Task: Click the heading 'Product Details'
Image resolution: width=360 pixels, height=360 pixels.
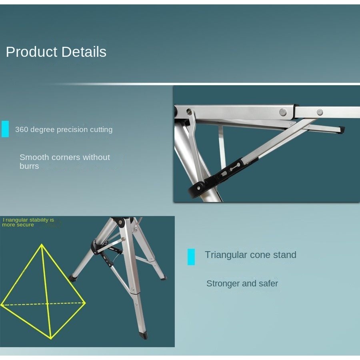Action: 56,52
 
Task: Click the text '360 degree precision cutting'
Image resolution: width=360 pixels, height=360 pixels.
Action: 64,130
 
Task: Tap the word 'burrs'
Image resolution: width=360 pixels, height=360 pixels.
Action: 29,166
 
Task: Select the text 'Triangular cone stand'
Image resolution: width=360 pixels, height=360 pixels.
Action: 250,255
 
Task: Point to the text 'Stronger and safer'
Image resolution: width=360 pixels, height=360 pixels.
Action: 242,284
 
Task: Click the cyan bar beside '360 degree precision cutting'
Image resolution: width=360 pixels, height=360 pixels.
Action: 5,129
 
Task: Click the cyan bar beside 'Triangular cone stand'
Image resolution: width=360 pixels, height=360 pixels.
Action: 191,257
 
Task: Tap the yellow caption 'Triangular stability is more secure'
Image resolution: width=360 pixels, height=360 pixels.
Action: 28,222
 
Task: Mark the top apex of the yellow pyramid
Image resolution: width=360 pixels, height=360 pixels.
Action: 42,244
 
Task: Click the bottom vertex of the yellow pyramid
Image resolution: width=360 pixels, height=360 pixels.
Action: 51,338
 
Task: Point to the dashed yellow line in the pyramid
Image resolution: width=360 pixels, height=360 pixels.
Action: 43,304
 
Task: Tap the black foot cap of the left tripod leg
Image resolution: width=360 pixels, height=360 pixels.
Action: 74,278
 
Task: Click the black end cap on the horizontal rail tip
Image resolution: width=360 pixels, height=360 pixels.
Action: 342,130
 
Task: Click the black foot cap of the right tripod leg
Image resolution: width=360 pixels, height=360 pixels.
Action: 163,278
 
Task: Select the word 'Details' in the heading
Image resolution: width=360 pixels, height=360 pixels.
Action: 84,52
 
